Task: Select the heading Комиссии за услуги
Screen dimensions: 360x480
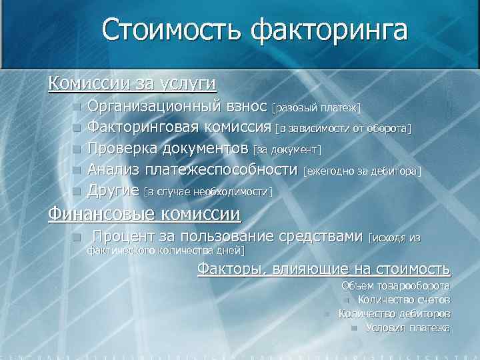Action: coord(132,83)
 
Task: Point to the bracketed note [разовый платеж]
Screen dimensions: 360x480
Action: coord(316,107)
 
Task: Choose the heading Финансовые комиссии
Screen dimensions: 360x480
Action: coord(143,214)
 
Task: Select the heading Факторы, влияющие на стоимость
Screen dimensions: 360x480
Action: coord(324,269)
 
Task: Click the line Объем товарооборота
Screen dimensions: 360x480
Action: coord(395,286)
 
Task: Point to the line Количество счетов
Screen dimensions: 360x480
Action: coord(404,300)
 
